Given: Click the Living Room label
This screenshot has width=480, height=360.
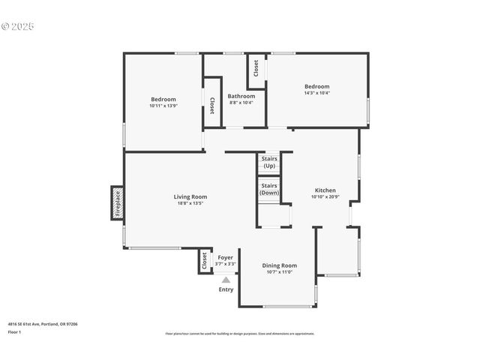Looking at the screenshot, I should (x=170, y=196).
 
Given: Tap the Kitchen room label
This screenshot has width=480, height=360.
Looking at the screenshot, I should (x=325, y=190).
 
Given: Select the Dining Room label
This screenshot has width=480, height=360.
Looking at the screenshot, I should (x=279, y=265).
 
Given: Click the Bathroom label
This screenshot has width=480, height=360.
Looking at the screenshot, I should (x=241, y=96).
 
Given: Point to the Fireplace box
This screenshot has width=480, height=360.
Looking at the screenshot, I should (x=117, y=203).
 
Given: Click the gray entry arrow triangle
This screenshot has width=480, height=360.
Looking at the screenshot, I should (x=225, y=280).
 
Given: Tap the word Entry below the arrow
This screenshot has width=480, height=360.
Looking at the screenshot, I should (x=226, y=289).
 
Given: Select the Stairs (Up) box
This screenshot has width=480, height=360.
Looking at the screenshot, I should (x=268, y=162).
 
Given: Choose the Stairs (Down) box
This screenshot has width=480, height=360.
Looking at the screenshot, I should (x=268, y=189).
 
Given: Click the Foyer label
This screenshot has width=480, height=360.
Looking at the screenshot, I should (x=225, y=257).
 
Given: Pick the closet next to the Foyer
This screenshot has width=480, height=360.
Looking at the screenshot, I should (x=204, y=261).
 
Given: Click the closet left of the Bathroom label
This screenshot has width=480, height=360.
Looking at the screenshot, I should (x=212, y=106).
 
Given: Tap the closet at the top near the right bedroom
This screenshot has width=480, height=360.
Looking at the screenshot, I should (x=256, y=69).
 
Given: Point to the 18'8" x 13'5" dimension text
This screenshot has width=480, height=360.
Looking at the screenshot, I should (x=170, y=203).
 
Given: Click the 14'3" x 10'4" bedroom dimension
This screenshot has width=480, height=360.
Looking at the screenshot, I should (x=316, y=93).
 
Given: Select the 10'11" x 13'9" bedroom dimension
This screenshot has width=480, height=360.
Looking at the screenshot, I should (x=163, y=106).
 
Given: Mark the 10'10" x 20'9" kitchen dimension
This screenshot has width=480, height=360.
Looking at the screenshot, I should (x=325, y=197).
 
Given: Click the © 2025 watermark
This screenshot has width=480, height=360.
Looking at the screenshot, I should (x=18, y=26).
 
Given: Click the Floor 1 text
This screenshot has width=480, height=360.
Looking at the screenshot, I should (x=14, y=331).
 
